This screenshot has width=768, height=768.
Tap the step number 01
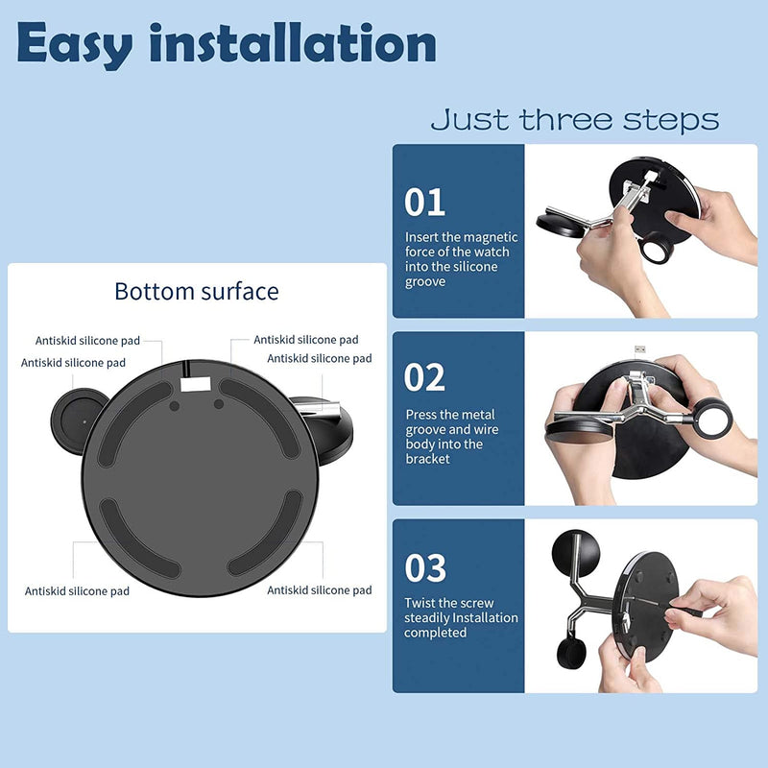[x=425, y=202]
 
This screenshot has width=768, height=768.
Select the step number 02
[x=425, y=377]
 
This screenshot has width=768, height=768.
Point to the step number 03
[x=425, y=568]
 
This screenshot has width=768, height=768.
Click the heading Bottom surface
[x=196, y=291]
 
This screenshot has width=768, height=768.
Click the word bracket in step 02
[x=428, y=460]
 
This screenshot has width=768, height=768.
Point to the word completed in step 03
[x=435, y=633]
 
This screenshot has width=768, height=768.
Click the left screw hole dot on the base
[x=175, y=405]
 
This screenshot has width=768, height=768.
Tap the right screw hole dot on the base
[x=219, y=404]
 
